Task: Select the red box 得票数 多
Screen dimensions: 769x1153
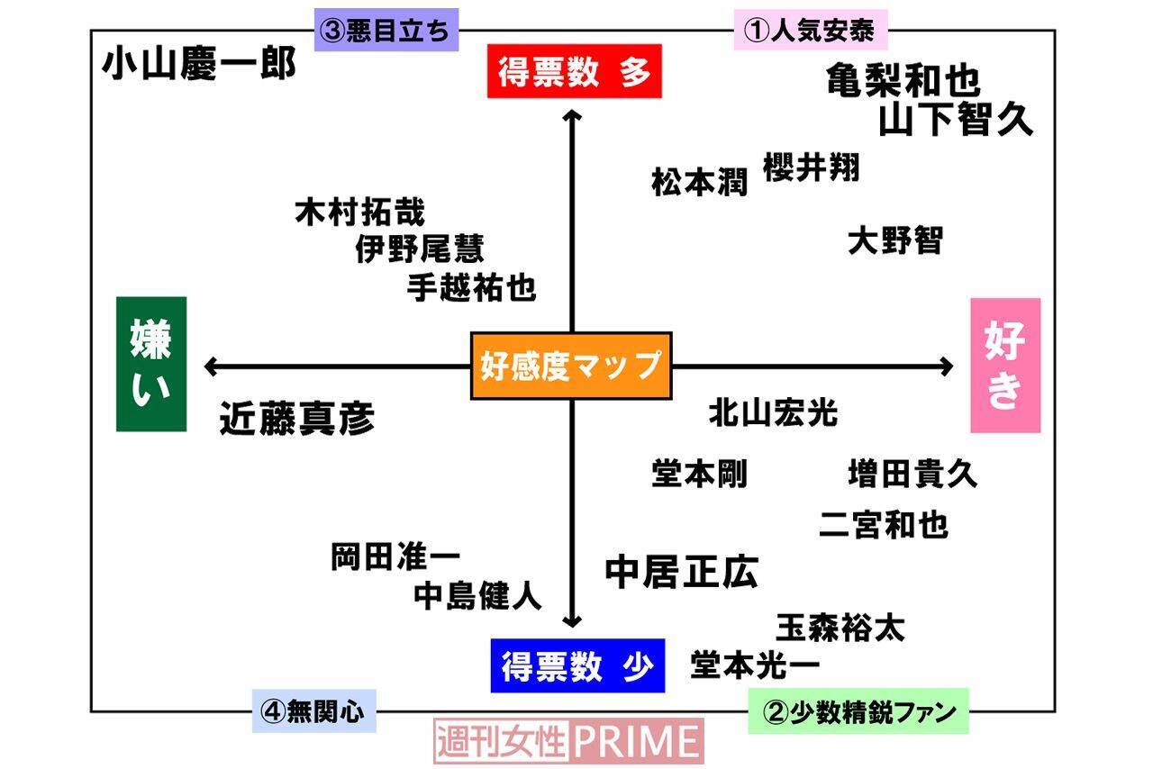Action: (x=574, y=71)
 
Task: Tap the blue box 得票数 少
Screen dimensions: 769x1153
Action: (x=577, y=665)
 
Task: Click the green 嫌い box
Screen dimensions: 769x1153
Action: (x=151, y=364)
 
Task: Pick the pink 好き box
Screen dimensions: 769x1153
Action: (x=1005, y=365)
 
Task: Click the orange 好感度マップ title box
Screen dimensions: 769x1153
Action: (x=571, y=366)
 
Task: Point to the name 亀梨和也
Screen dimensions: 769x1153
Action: (x=903, y=80)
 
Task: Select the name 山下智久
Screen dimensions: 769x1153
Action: (x=956, y=119)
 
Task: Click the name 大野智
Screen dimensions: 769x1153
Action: (x=895, y=240)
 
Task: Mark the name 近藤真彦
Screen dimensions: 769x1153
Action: (x=297, y=419)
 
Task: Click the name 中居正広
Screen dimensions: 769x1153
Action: (x=682, y=571)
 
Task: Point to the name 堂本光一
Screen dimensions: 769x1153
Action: (x=755, y=665)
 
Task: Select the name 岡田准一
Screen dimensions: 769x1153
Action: (x=396, y=557)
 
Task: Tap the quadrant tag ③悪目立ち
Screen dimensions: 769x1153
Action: (x=386, y=31)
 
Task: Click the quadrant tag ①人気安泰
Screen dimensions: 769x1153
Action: (x=811, y=31)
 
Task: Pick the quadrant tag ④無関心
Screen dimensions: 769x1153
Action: (x=313, y=711)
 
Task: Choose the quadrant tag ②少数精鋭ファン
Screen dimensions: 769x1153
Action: (x=858, y=712)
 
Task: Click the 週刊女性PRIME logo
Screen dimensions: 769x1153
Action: (x=568, y=741)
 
